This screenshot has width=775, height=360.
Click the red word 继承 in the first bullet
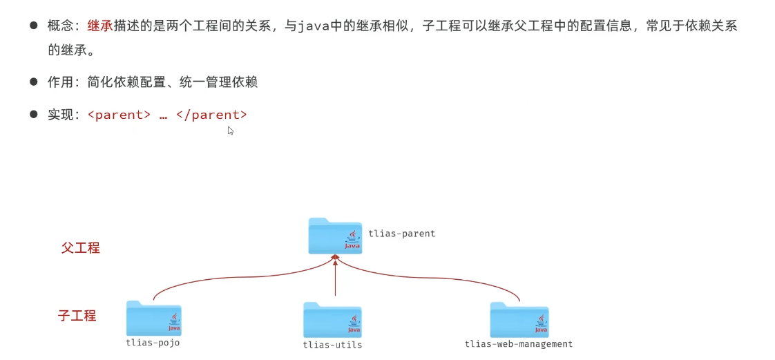click(x=99, y=27)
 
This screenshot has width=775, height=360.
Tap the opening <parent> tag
click(x=119, y=115)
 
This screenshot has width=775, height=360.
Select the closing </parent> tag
click(x=211, y=115)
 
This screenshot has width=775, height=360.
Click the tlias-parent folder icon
click(x=335, y=236)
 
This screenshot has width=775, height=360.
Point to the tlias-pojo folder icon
click(x=153, y=319)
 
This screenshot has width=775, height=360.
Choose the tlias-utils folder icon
click(x=332, y=320)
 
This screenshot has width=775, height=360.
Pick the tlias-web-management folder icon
click(x=519, y=320)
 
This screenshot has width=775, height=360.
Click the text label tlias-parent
click(x=402, y=234)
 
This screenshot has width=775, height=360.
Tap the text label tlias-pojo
click(x=153, y=343)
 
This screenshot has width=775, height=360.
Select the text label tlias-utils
click(x=332, y=345)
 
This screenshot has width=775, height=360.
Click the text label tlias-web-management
click(x=519, y=344)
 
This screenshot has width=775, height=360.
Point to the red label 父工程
click(x=81, y=247)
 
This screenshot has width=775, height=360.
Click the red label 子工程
click(x=77, y=316)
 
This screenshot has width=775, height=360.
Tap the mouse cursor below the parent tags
click(x=230, y=130)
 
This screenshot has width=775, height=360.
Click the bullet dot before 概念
click(x=33, y=26)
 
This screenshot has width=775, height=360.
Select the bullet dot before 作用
click(x=33, y=82)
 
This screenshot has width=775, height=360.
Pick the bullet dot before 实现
click(x=33, y=114)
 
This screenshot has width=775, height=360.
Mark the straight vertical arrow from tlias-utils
click(x=335, y=276)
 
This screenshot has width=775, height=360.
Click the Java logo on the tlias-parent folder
click(x=353, y=239)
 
